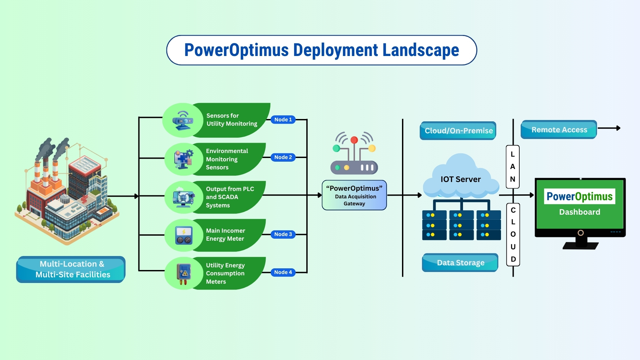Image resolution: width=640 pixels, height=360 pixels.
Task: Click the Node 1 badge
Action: coord(283,120)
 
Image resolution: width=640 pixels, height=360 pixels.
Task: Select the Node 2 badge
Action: coord(283,157)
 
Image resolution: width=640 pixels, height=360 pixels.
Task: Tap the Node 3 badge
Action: coord(283,234)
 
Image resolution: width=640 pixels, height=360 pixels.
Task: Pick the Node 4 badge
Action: coord(283,272)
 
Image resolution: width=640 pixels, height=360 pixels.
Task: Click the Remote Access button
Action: coord(559,130)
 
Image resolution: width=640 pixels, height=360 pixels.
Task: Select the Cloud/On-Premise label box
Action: coord(458,131)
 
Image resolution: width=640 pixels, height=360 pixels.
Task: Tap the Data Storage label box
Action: coord(460,263)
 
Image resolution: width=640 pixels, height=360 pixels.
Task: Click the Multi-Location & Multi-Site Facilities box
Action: coord(71,269)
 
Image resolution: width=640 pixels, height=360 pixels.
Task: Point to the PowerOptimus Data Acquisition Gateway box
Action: coord(354,195)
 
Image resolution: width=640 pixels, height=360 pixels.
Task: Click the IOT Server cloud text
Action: coord(461,179)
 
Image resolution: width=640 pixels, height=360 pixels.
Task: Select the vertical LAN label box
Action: coord(513,167)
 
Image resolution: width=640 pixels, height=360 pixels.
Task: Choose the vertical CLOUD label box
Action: coord(513,235)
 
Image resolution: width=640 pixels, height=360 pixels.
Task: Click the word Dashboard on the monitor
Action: coord(580,212)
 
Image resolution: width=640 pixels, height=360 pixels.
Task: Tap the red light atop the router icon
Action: coord(354,140)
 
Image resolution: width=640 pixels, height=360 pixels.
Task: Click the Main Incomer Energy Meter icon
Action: coord(184,235)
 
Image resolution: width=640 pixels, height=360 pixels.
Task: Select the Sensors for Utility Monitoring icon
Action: coord(183,121)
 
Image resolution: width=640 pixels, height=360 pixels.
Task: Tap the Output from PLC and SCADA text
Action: coord(230,197)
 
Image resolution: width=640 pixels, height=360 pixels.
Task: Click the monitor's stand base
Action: coord(580,246)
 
